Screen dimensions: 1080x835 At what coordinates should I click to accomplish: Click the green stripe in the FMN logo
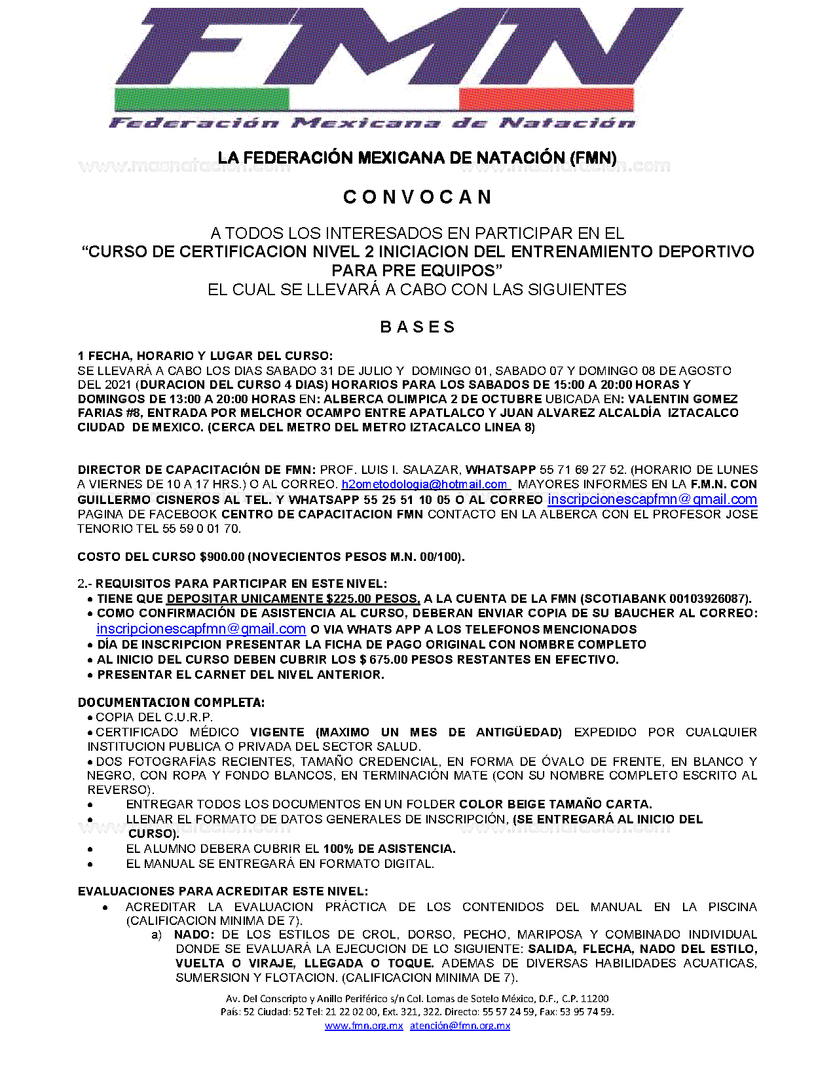pos(202,99)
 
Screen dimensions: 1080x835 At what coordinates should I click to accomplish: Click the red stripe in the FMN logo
pos(546,99)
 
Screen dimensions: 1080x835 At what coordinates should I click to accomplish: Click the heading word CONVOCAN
pos(417,197)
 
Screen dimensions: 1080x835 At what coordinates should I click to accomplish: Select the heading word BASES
pos(417,327)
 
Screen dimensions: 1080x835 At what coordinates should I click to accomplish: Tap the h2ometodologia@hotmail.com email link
pos(424,484)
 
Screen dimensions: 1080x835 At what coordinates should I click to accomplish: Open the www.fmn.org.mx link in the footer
pos(363,1026)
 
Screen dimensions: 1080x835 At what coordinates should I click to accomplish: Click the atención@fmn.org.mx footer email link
pos(460,1026)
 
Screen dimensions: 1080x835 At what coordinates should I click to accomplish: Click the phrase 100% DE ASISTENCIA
pos(389,849)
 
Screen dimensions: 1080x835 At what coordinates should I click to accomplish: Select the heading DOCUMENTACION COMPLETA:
pos(171,703)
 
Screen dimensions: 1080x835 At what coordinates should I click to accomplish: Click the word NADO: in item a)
pos(194,935)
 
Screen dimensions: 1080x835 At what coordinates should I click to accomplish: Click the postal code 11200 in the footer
pos(595,999)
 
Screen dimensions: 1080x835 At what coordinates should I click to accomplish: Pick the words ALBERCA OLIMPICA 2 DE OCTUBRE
pos(432,399)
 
